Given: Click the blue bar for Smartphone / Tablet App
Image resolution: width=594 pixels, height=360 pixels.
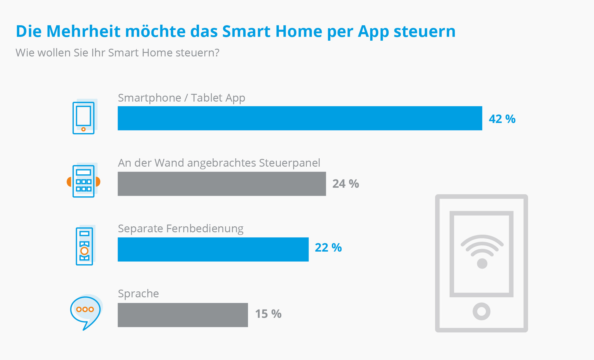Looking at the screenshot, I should click(x=300, y=118).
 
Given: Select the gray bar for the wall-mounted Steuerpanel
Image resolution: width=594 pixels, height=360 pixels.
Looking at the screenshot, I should click(x=222, y=184).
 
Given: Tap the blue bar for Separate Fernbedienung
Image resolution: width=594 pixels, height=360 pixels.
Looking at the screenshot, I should click(x=213, y=250).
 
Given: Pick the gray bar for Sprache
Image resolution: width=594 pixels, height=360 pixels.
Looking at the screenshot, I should click(x=183, y=315).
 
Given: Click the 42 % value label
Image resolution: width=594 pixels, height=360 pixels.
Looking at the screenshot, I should click(x=502, y=119).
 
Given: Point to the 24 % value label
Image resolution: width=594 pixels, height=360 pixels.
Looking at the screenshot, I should click(x=345, y=184).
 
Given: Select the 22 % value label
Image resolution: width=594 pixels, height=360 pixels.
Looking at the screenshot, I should click(x=328, y=248).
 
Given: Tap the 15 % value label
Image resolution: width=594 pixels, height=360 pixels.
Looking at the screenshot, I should click(x=268, y=314).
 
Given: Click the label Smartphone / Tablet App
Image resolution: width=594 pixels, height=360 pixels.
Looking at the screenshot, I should click(x=181, y=98).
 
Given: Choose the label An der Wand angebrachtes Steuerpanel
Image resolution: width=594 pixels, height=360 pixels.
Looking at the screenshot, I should click(x=219, y=163).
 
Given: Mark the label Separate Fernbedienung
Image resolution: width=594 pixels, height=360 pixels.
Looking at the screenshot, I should click(x=181, y=229).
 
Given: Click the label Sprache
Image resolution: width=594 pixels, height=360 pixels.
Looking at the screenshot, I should click(x=138, y=294).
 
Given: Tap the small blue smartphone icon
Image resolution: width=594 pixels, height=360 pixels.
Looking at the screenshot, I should click(x=84, y=118).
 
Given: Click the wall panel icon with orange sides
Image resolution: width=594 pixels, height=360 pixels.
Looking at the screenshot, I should click(x=83, y=181).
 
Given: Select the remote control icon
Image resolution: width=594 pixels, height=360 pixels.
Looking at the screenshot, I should click(x=84, y=246).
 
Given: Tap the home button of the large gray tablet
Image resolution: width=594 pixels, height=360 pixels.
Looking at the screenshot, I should click(x=481, y=311).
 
